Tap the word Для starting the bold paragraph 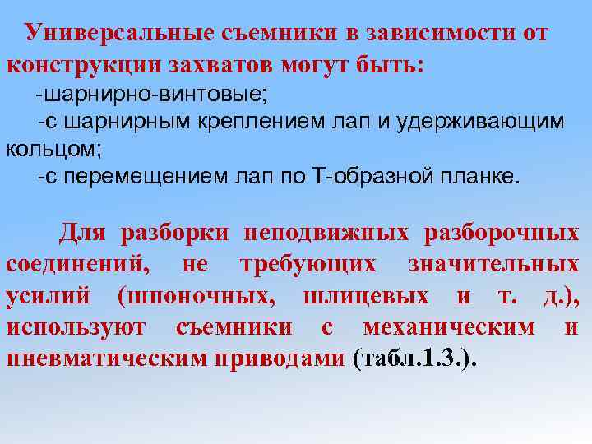point(83,234)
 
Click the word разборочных point(501,234)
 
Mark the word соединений point(78,266)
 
